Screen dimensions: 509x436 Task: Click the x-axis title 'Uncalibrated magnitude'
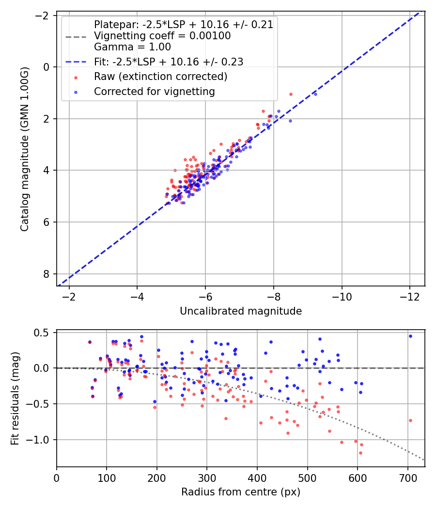pyautogui.click(x=241, y=311)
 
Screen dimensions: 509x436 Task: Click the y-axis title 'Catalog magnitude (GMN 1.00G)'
pyautogui.click(x=25, y=149)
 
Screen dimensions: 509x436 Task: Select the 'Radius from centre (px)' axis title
pyautogui.click(x=241, y=492)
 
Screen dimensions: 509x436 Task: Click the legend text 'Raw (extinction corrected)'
pyautogui.click(x=160, y=77)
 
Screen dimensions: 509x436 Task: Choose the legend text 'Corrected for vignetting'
pyautogui.click(x=155, y=91)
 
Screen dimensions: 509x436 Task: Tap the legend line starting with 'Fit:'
pyautogui.click(x=169, y=62)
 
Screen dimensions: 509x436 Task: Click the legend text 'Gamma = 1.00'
pyautogui.click(x=132, y=47)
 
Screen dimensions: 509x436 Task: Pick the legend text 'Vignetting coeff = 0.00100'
pyautogui.click(x=162, y=36)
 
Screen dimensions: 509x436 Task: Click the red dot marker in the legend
pyautogui.click(x=76, y=77)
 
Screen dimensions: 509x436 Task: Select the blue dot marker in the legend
pyautogui.click(x=76, y=92)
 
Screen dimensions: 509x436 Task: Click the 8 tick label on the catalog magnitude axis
pyautogui.click(x=47, y=274)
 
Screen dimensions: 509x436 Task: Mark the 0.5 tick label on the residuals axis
pyautogui.click(x=44, y=333)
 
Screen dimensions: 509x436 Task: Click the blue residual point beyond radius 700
pyautogui.click(x=410, y=336)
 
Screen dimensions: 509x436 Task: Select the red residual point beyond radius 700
pyautogui.click(x=410, y=420)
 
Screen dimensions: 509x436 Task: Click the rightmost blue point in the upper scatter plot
pyautogui.click(x=315, y=94)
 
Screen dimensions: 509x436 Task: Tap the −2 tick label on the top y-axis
pyautogui.click(x=44, y=15)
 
